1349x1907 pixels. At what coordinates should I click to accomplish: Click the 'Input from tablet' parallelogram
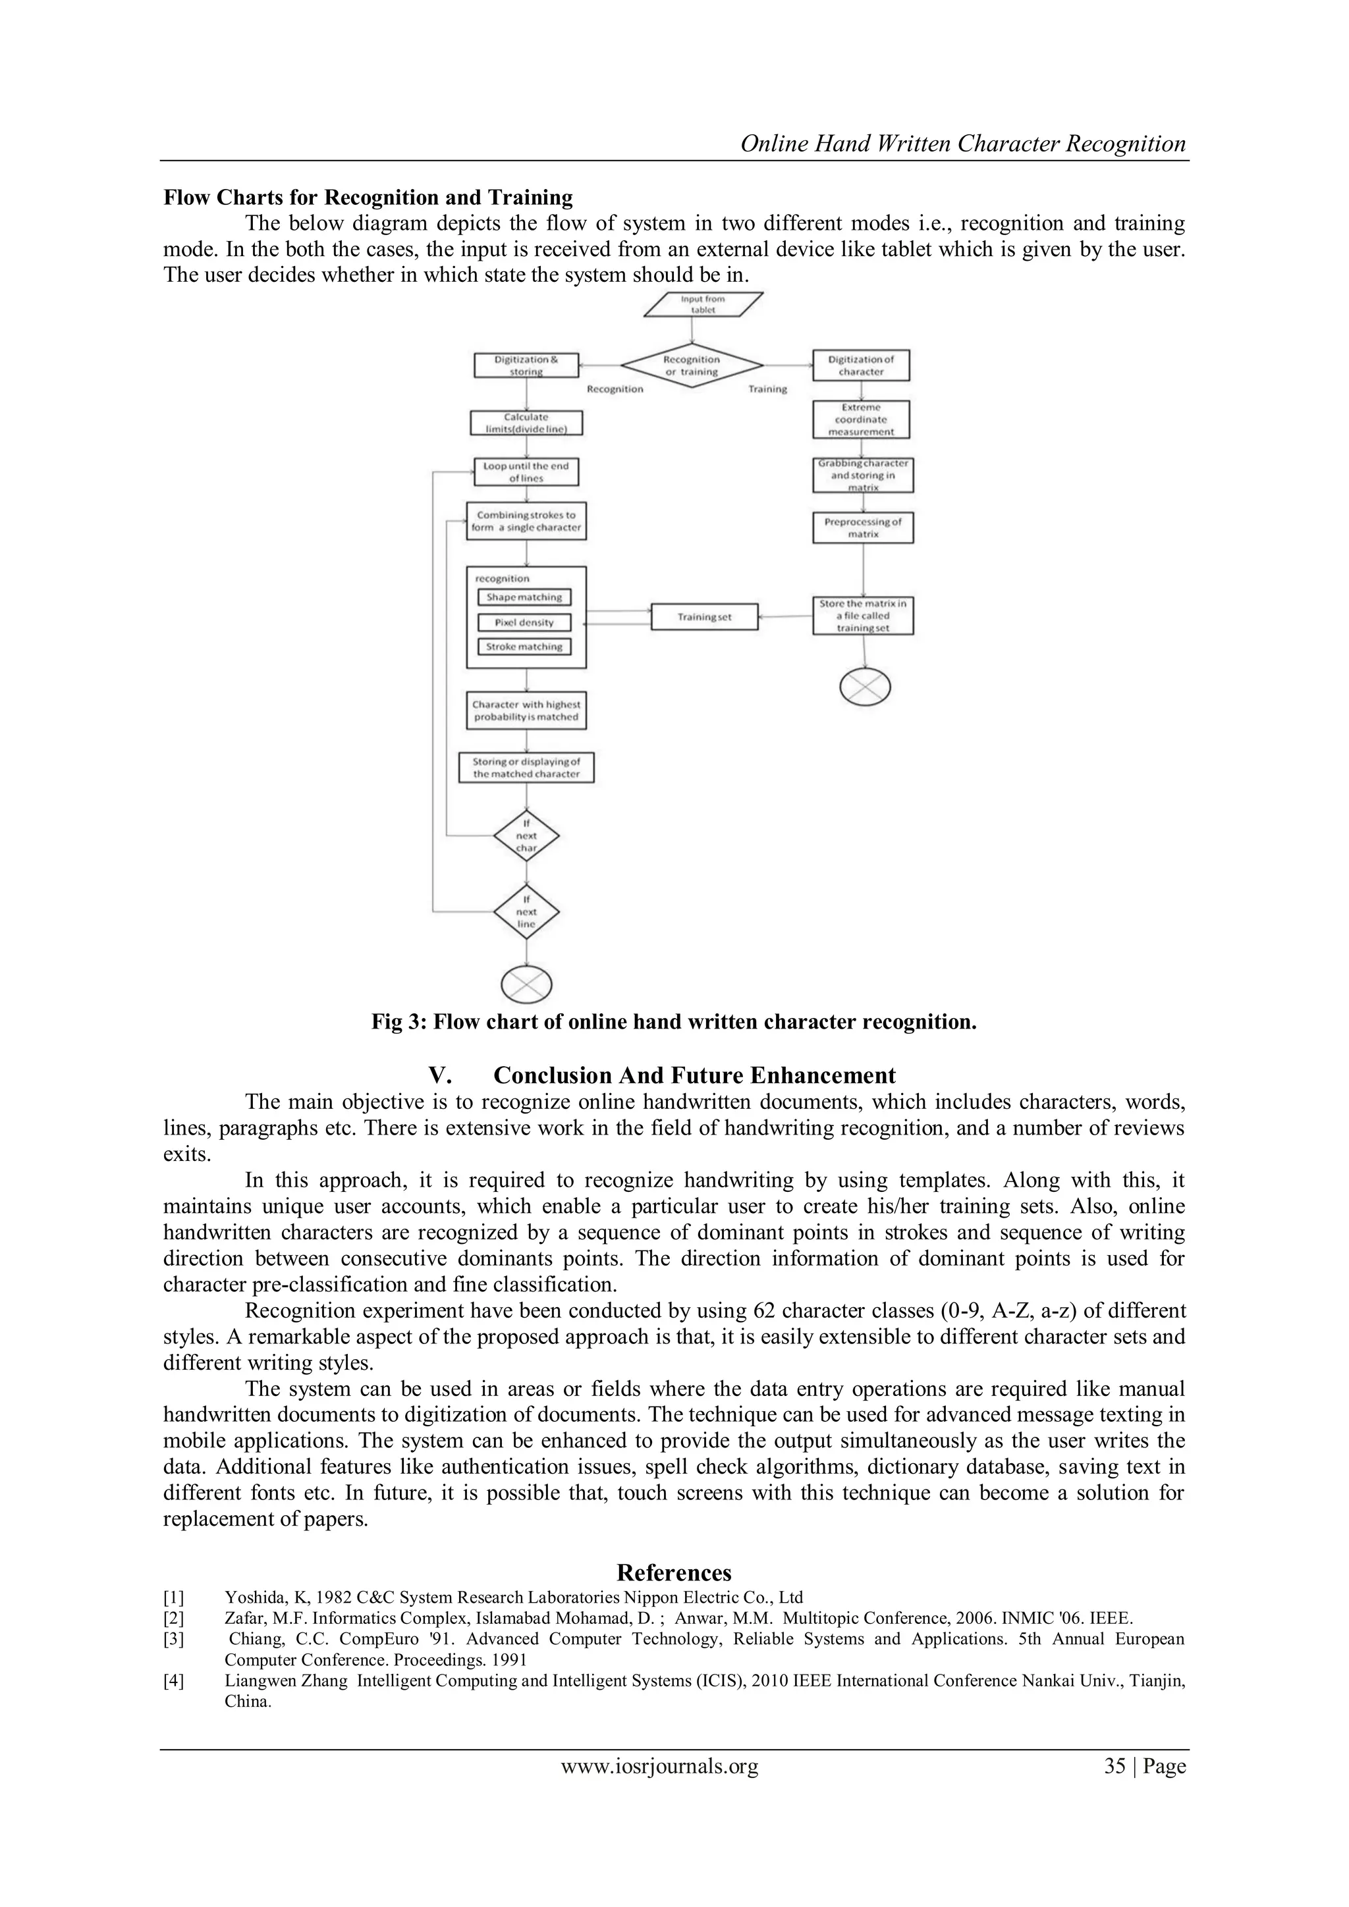pyautogui.click(x=703, y=305)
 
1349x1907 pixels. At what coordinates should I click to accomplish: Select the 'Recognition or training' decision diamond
pyautogui.click(x=692, y=365)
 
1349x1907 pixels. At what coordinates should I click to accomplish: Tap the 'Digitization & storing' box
pyautogui.click(x=526, y=365)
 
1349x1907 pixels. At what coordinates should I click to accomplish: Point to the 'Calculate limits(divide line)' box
pyautogui.click(x=526, y=423)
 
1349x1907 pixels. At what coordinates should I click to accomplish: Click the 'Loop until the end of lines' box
pyautogui.click(x=526, y=471)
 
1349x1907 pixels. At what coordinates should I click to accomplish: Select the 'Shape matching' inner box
pyautogui.click(x=524, y=597)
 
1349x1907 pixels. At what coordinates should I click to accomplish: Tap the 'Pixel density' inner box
pyautogui.click(x=524, y=622)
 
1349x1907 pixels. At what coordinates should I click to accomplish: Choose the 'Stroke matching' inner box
pyautogui.click(x=524, y=646)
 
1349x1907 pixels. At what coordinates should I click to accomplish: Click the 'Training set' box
pyautogui.click(x=703, y=617)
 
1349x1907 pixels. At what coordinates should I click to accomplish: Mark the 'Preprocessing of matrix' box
pyautogui.click(x=862, y=527)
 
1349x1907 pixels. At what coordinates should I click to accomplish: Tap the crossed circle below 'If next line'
pyautogui.click(x=527, y=985)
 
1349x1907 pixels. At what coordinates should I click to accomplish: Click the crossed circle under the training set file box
pyautogui.click(x=865, y=687)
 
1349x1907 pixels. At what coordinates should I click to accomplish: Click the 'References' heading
pyautogui.click(x=674, y=1572)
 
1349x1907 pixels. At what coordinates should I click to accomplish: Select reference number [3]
pyautogui.click(x=174, y=1639)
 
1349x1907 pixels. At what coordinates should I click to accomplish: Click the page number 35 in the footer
pyautogui.click(x=1114, y=1766)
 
